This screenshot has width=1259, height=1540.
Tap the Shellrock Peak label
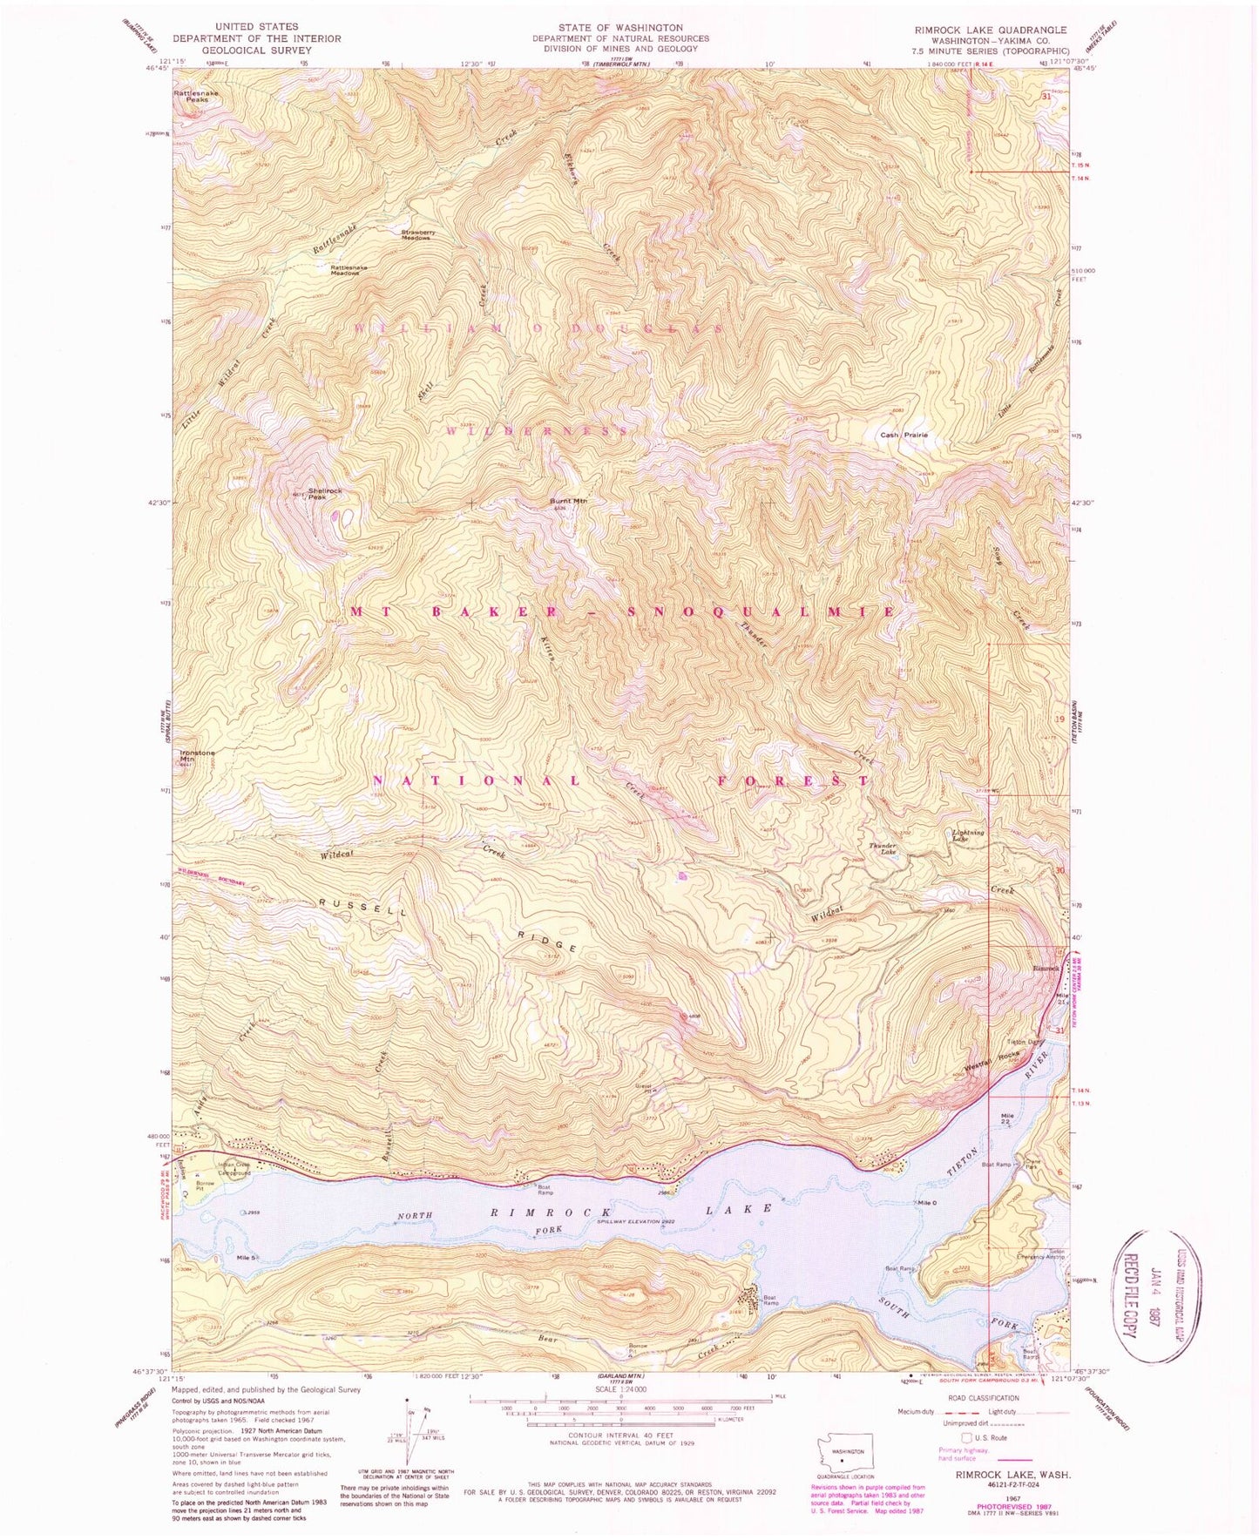coord(323,493)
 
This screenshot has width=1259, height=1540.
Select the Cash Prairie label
coord(904,435)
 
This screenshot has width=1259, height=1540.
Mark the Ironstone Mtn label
coord(197,755)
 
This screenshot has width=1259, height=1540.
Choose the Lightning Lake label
coord(967,834)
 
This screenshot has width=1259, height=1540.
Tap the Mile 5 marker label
coord(246,1257)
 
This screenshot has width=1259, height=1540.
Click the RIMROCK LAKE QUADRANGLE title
coord(990,30)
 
